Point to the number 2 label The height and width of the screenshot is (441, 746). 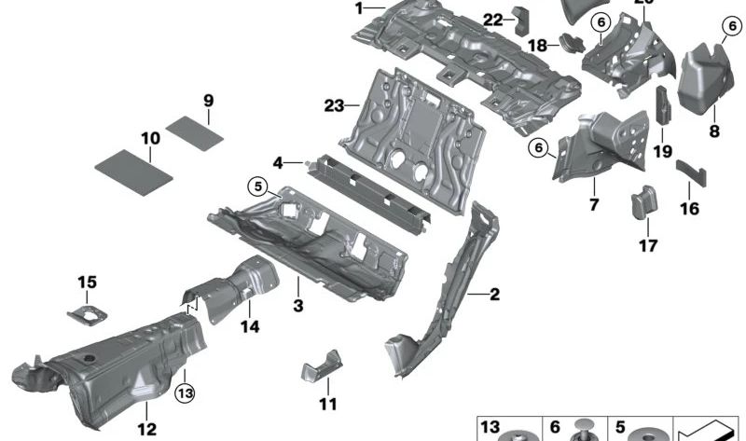click(493, 296)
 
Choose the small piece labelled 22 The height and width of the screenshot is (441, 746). click(520, 16)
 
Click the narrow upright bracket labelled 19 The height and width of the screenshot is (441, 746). click(661, 106)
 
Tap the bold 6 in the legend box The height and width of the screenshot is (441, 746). click(555, 428)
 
